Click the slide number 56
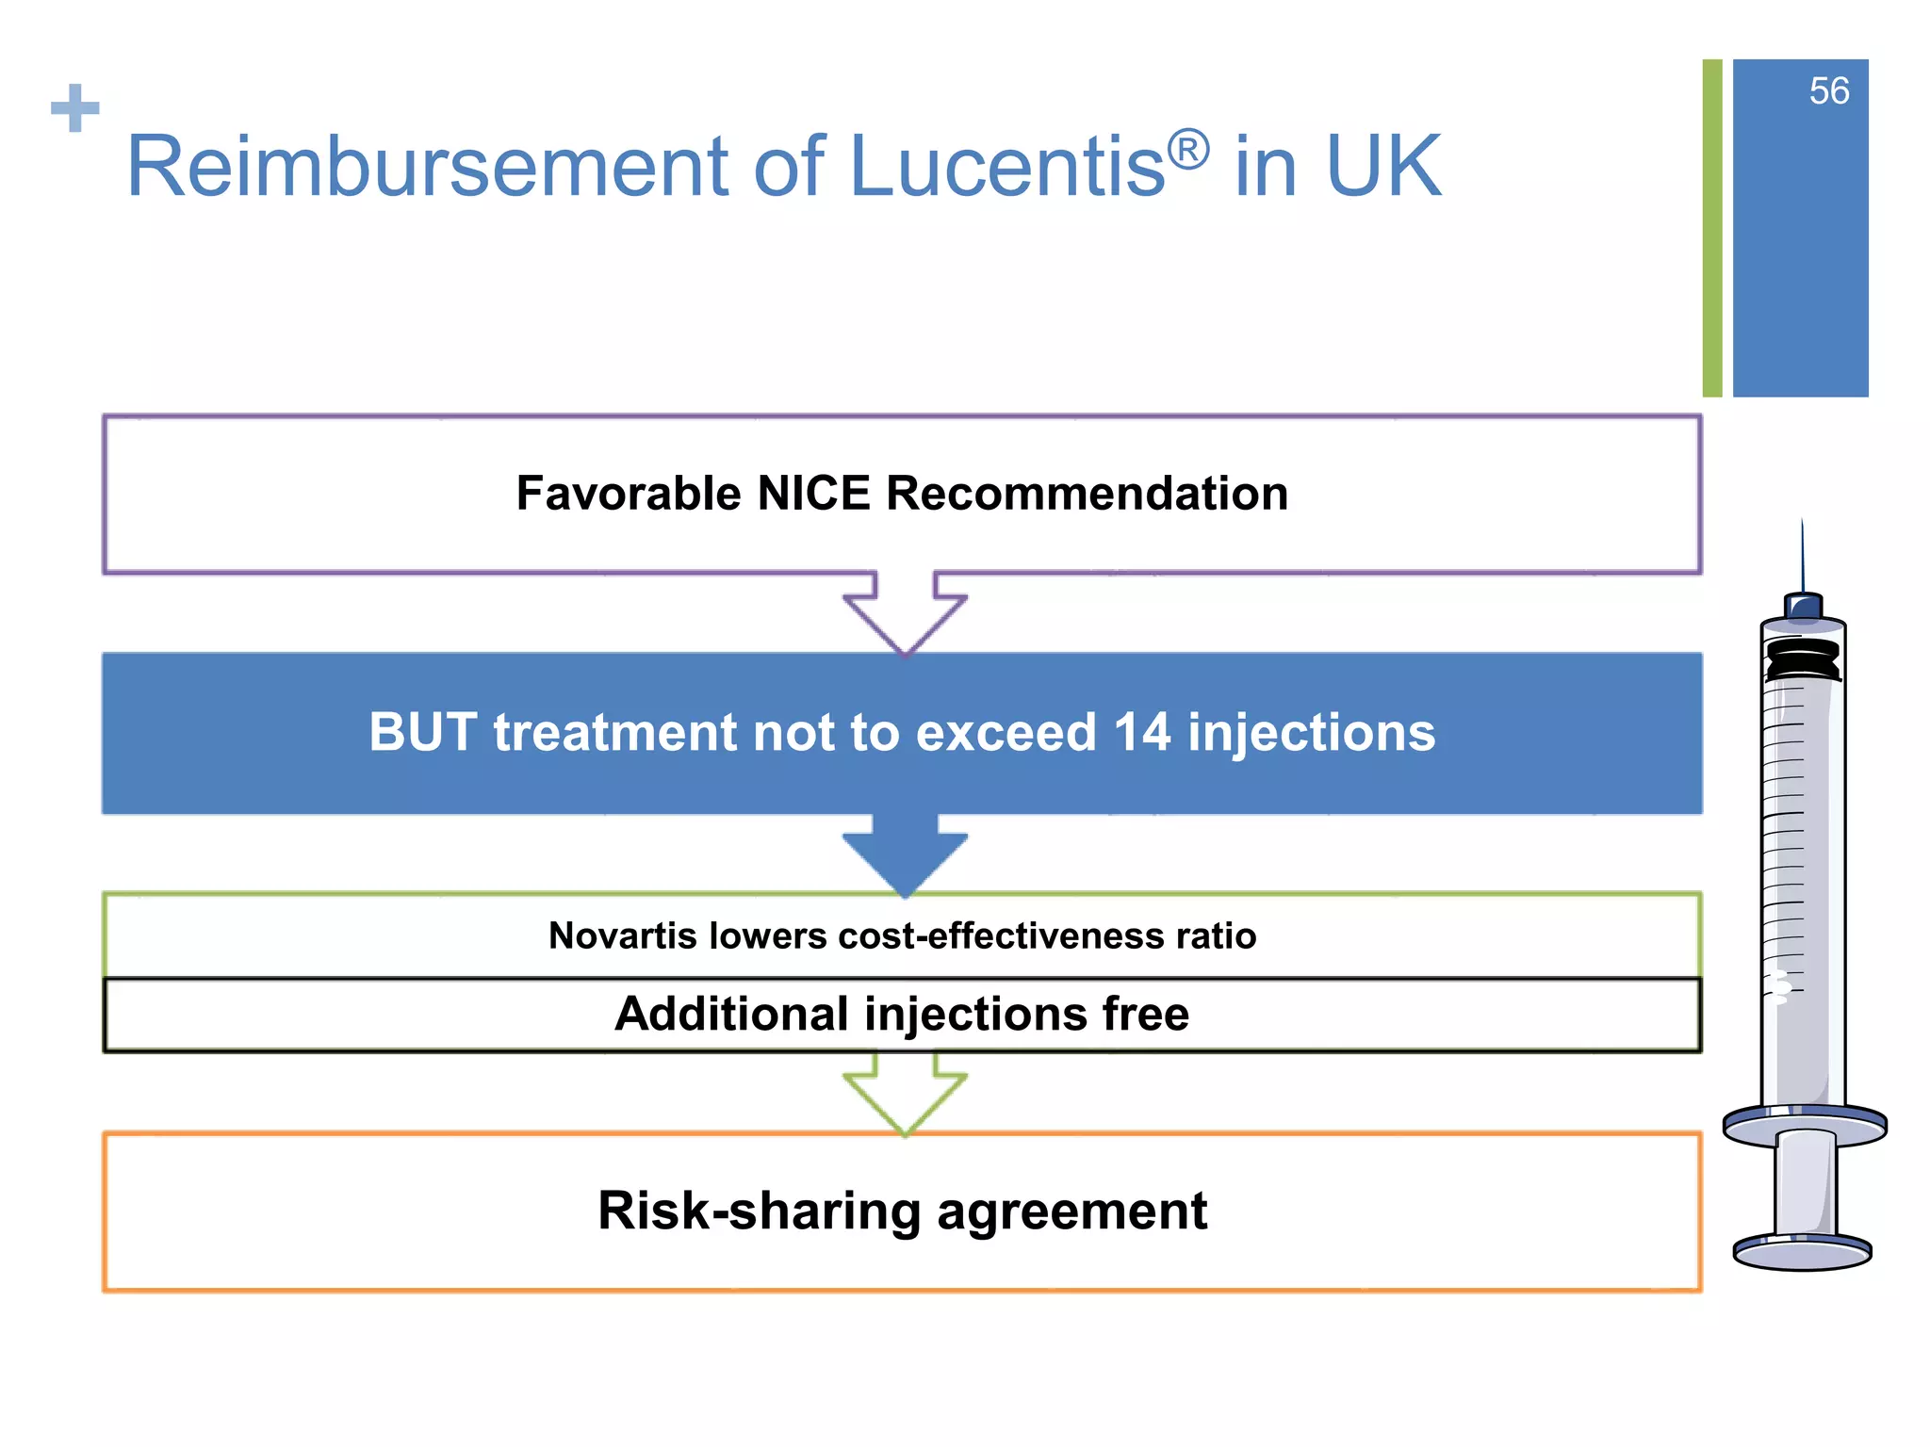[1828, 91]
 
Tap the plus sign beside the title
[75, 108]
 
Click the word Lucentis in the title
[1006, 168]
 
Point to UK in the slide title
[1382, 168]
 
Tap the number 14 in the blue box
[1141, 732]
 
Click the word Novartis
[623, 935]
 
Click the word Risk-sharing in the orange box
[760, 1211]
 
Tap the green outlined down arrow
[905, 1093]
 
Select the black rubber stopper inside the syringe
[1802, 659]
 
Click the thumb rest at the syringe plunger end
[1802, 1254]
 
